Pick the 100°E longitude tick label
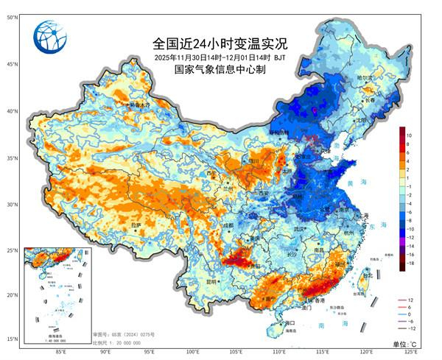coord(193,353)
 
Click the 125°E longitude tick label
coord(413,353)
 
